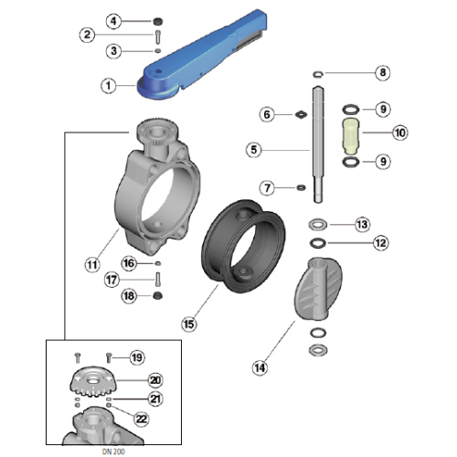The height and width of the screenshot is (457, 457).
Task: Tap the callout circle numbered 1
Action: click(x=109, y=86)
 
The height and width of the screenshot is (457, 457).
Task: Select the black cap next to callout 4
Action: click(x=157, y=21)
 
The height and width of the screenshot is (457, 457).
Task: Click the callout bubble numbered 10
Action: click(x=400, y=133)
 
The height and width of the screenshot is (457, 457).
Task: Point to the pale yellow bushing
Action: click(x=351, y=136)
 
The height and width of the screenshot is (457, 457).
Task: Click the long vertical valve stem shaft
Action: click(x=318, y=144)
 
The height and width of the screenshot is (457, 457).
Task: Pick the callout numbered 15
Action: click(x=188, y=324)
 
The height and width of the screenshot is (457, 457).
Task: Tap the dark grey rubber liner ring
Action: click(x=243, y=246)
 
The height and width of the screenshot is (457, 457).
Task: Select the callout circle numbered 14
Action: click(x=260, y=367)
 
